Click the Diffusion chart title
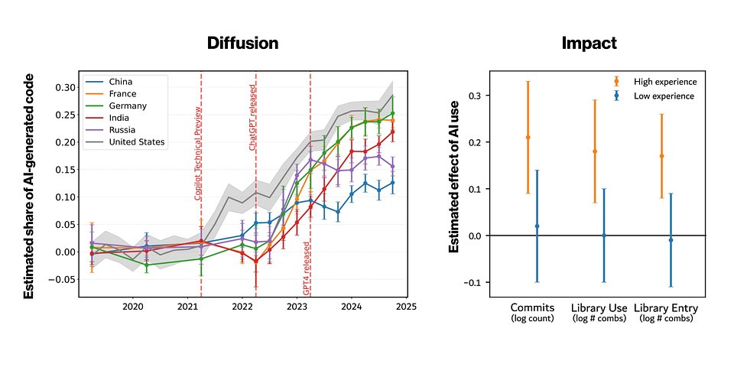243,44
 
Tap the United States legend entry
137,142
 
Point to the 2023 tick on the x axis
297,307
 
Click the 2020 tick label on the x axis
133,307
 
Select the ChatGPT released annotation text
252,119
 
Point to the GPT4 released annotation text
307,268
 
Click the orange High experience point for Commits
528,138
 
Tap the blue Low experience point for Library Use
603,236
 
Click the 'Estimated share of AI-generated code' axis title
29,187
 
